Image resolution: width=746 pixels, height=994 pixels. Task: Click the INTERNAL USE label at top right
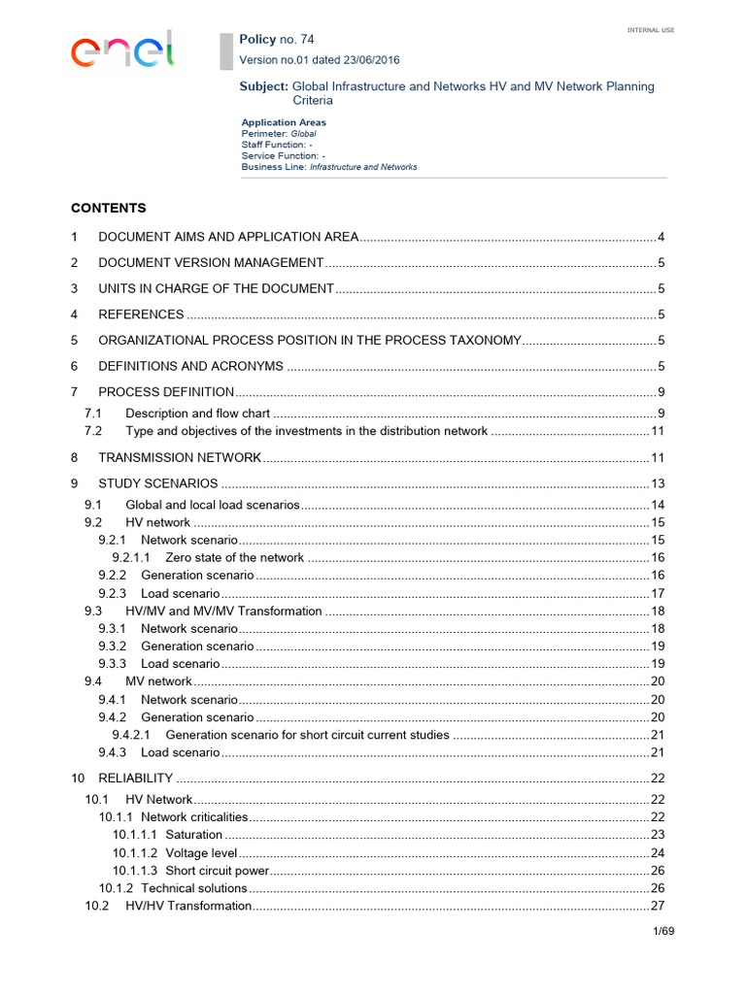click(651, 30)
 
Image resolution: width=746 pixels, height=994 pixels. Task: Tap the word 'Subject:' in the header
click(263, 86)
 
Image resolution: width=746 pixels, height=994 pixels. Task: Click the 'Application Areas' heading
click(284, 122)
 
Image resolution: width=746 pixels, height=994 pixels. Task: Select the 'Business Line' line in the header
click(329, 167)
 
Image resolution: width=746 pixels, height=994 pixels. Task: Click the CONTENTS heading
click(108, 208)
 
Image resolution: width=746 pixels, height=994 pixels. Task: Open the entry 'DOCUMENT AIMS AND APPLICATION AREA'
click(229, 237)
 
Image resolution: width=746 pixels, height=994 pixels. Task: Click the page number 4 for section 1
click(661, 237)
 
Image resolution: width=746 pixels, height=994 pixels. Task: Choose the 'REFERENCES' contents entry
click(141, 315)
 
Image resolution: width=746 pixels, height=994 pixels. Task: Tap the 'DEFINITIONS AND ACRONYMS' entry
click(190, 366)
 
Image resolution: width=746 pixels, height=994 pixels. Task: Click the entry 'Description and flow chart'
click(198, 414)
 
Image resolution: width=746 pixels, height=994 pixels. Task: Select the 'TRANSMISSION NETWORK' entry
click(180, 457)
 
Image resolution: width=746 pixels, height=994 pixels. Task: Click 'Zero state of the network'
click(234, 558)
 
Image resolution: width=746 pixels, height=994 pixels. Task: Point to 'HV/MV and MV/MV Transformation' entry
click(223, 611)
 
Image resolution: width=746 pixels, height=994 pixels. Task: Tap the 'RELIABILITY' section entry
click(136, 779)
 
